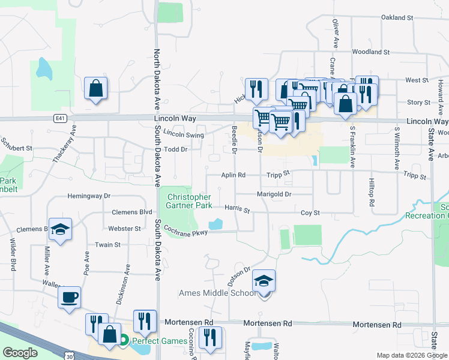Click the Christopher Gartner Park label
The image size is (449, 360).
[189, 201]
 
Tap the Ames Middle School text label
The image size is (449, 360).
[212, 293]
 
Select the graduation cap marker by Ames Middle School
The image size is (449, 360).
[264, 281]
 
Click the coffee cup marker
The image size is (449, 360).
[69, 298]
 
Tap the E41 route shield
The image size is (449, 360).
[59, 118]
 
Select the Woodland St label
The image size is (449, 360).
[371, 52]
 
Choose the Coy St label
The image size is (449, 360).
[310, 213]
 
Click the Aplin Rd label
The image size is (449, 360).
[234, 175]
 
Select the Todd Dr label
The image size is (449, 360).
[176, 149]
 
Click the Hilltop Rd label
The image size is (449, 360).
[372, 194]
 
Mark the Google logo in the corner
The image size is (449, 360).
[20, 353]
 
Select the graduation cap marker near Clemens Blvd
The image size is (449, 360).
[61, 229]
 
